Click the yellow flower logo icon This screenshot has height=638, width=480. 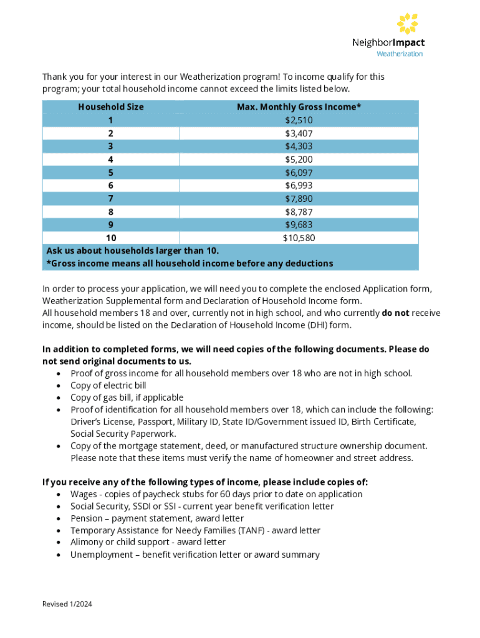(x=407, y=23)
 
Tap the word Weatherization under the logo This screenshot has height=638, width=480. (x=399, y=54)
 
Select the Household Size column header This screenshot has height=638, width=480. (x=111, y=107)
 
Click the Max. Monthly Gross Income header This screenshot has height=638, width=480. (x=299, y=107)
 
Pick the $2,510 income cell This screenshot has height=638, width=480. (x=299, y=120)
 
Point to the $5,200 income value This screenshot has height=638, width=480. (x=299, y=159)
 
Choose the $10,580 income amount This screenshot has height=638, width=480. (x=299, y=237)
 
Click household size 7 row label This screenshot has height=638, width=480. (x=111, y=198)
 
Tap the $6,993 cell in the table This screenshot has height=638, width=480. (x=299, y=185)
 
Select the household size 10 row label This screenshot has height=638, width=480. (x=111, y=237)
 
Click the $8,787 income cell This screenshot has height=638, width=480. (x=299, y=211)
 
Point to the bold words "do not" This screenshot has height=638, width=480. (x=395, y=313)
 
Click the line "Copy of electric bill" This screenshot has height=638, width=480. (x=108, y=385)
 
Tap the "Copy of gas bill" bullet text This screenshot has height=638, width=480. (x=127, y=397)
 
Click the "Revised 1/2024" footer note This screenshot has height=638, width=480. (x=67, y=604)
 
